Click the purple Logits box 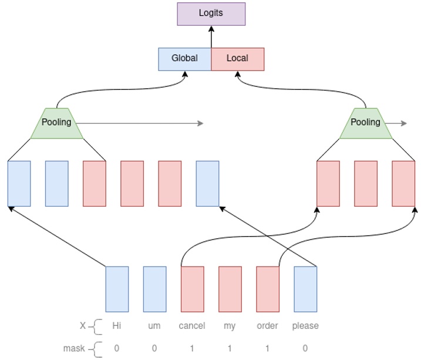[x=211, y=14]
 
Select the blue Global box [x=184, y=59]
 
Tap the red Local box [x=237, y=59]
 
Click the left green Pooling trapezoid [x=56, y=123]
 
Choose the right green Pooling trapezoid [x=365, y=123]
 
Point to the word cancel [x=192, y=326]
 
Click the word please [x=305, y=326]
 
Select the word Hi [x=116, y=326]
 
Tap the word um [x=154, y=326]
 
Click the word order [x=267, y=326]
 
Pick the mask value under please [x=305, y=348]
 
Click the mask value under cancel [x=192, y=348]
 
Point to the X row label [x=83, y=326]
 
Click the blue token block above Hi [x=117, y=289]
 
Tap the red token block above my [x=230, y=289]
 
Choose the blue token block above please [x=305, y=289]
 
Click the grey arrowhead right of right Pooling [x=404, y=123]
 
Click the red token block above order [x=268, y=289]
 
